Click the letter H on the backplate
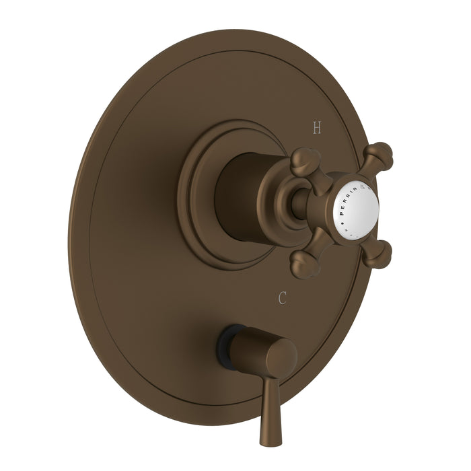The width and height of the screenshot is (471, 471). coord(318,126)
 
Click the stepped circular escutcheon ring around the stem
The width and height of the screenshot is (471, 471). coord(195,202)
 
